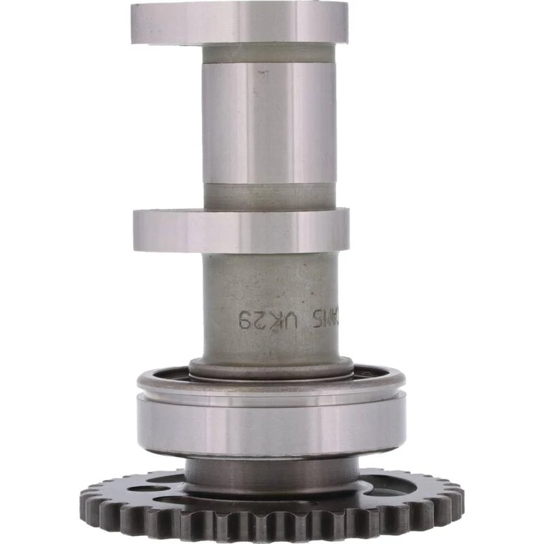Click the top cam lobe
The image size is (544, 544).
[239, 22]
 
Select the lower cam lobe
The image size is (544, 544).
[241, 231]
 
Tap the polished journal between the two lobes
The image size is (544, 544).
[269, 122]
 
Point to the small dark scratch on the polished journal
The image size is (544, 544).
[260, 74]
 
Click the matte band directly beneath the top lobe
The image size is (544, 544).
[269, 54]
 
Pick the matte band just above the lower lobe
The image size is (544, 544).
[269, 197]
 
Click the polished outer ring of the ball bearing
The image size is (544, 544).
[271, 425]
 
